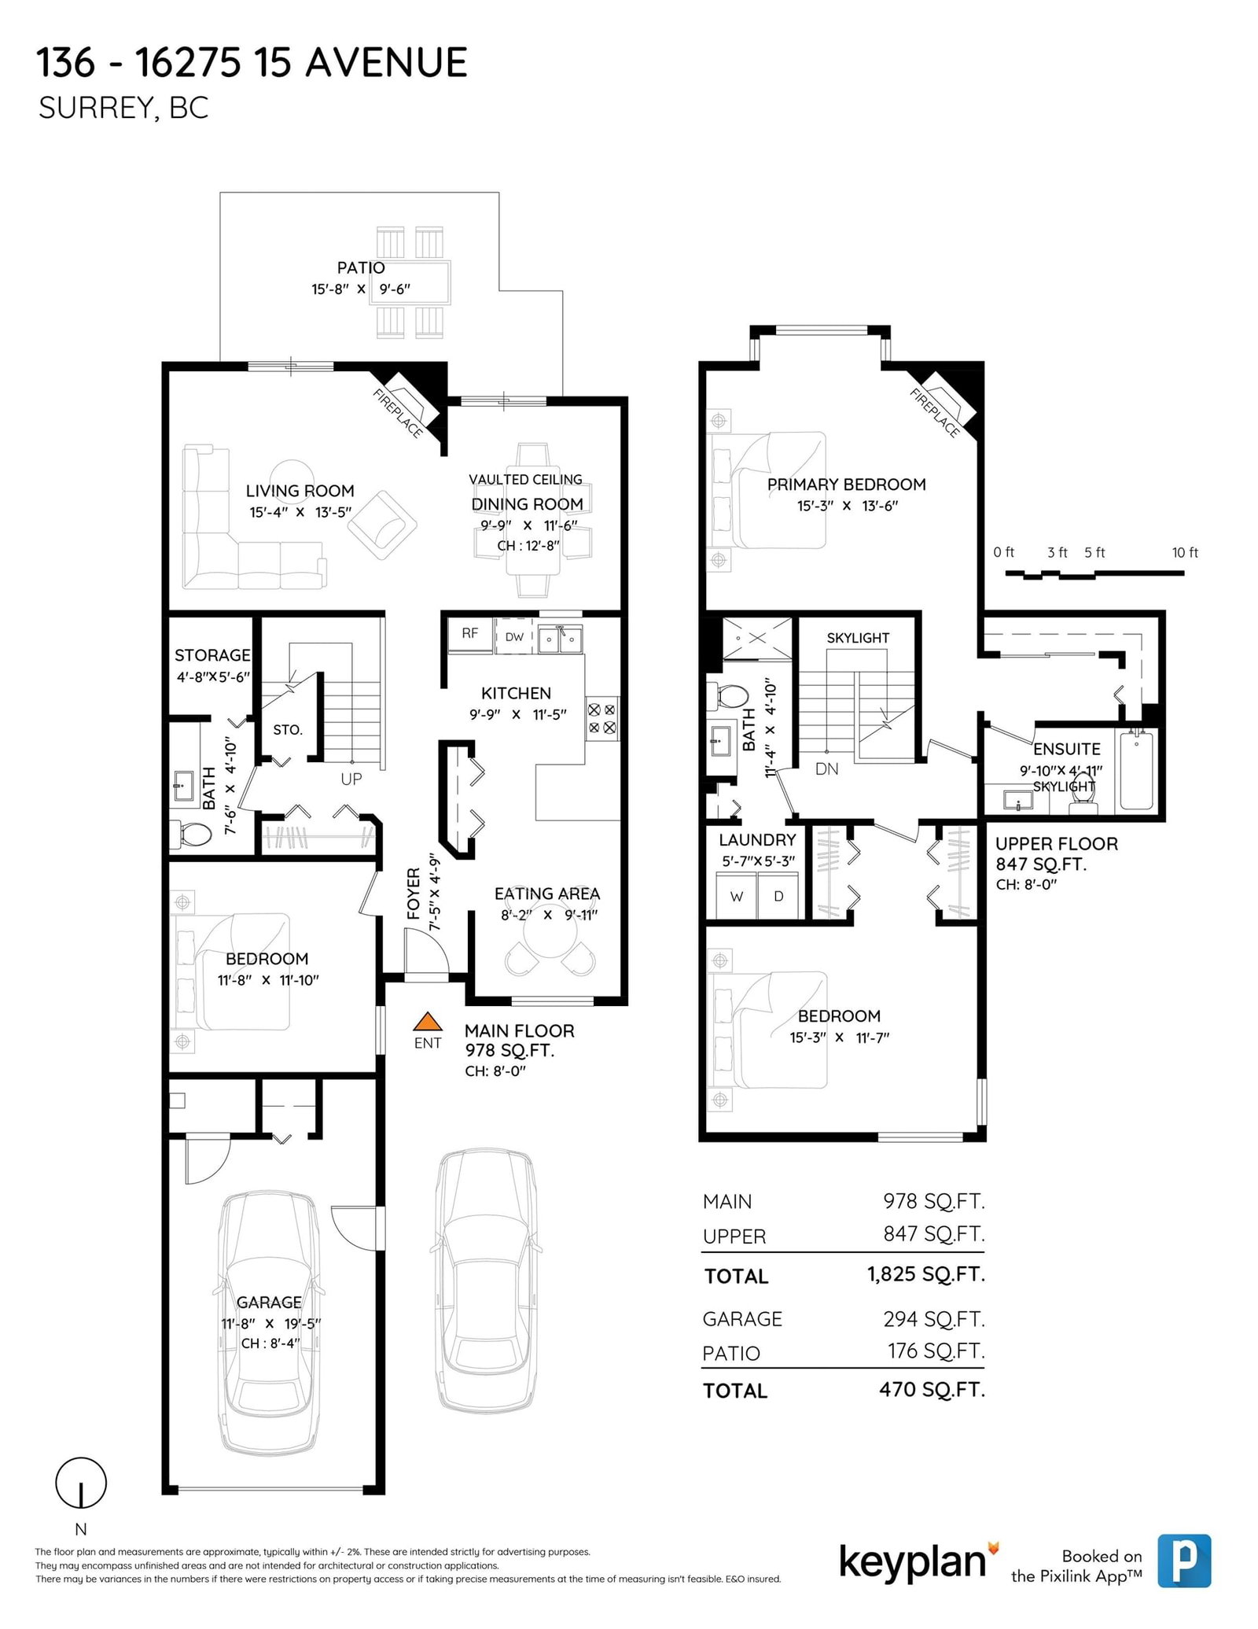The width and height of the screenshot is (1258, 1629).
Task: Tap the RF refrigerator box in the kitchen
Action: [x=470, y=635]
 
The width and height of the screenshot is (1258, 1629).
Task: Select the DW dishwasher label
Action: [x=514, y=637]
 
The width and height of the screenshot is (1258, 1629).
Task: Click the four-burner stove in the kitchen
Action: [x=601, y=718]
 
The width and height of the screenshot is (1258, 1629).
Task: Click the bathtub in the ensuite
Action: [x=1136, y=770]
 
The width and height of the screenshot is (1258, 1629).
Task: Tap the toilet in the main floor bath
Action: [x=191, y=834]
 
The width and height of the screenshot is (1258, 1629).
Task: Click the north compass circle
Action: [x=81, y=1483]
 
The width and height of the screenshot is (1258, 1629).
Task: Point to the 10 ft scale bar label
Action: [x=1185, y=552]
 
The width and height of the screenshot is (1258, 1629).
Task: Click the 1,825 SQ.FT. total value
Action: [x=926, y=1274]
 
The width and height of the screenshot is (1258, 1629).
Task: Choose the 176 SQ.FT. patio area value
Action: [x=936, y=1351]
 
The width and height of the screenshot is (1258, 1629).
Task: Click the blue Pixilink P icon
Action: [x=1184, y=1561]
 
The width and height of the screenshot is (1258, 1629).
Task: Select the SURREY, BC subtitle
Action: [x=123, y=109]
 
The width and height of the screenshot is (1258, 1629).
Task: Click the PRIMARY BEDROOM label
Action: [x=846, y=485]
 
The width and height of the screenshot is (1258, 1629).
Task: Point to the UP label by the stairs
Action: [x=351, y=779]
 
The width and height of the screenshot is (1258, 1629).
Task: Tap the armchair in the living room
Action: [x=382, y=525]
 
